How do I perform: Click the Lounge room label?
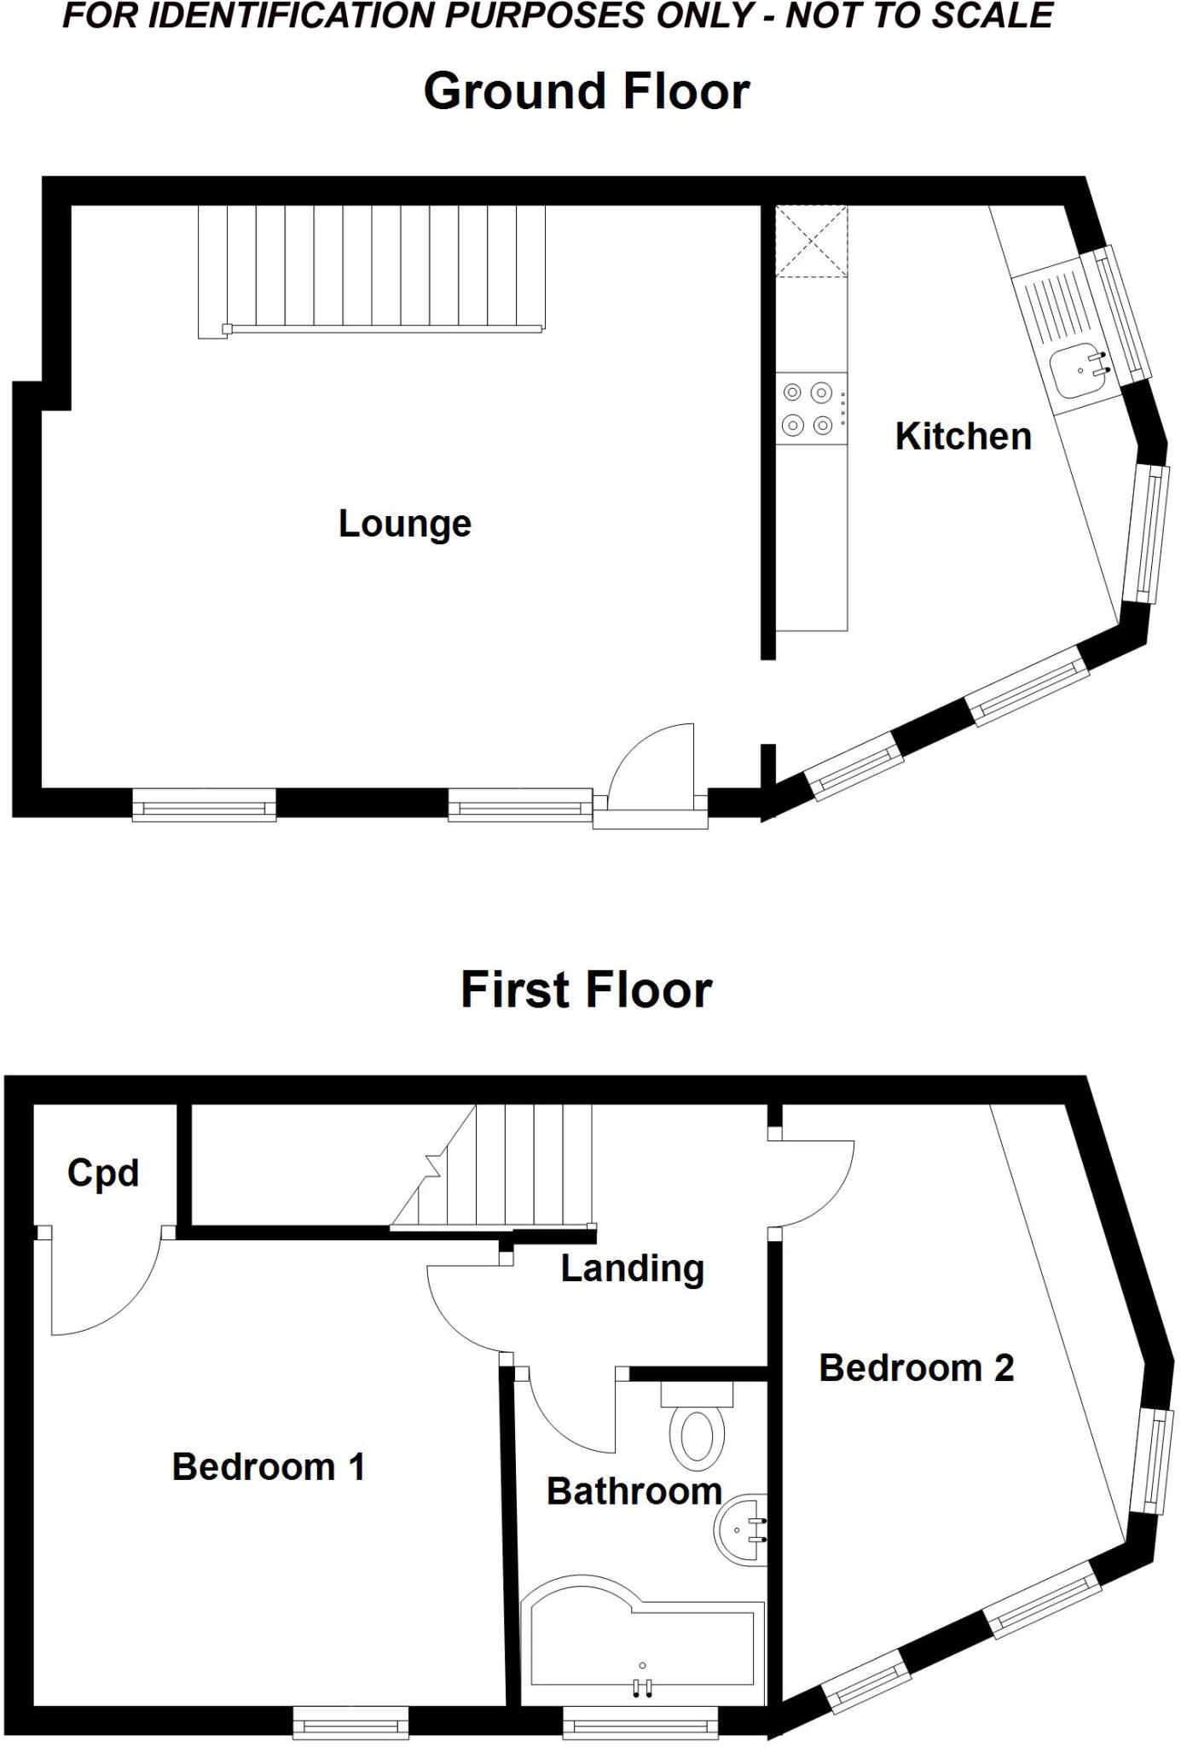point(405,523)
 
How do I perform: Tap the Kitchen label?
point(963,436)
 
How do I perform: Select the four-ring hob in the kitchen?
point(808,408)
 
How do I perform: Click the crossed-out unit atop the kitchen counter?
point(811,241)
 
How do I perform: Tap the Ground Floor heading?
point(587,90)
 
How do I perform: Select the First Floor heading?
point(587,990)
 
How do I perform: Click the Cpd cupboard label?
point(103,1173)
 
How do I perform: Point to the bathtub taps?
point(642,1686)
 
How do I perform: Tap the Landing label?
point(632,1268)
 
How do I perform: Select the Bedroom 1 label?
point(269,1467)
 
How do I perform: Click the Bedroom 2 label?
point(917,1367)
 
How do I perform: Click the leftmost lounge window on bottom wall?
point(204,804)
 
